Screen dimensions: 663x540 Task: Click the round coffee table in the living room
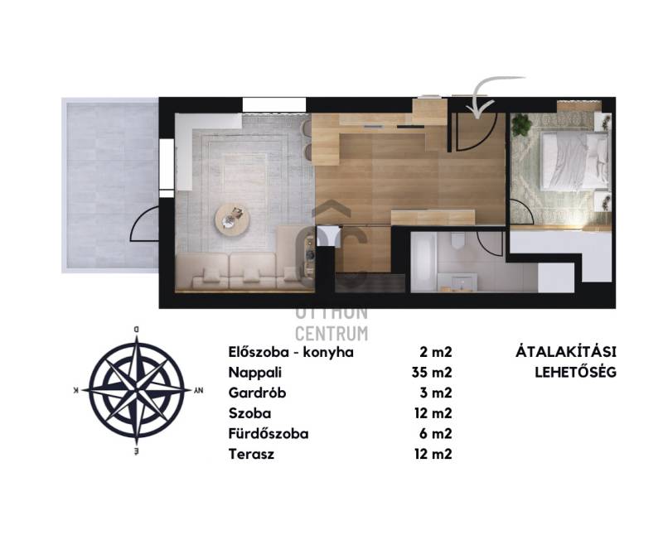(232, 219)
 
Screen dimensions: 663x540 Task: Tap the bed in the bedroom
(575, 162)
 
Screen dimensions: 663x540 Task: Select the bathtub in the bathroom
(424, 262)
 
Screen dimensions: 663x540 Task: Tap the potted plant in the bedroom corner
(522, 125)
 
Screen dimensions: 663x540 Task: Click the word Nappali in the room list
(255, 373)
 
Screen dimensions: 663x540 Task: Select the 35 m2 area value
(432, 373)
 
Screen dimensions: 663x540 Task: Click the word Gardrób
(257, 393)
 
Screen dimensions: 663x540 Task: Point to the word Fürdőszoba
(269, 434)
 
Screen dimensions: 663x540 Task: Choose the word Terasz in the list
(251, 454)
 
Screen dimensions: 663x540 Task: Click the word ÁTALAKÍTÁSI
(566, 351)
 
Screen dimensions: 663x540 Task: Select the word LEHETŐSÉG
(575, 372)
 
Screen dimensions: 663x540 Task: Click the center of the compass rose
(137, 390)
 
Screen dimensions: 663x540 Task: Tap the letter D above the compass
(136, 329)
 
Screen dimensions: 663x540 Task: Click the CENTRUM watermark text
(331, 334)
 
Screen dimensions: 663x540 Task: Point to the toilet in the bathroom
(457, 240)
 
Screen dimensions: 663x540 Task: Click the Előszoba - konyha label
(291, 352)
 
